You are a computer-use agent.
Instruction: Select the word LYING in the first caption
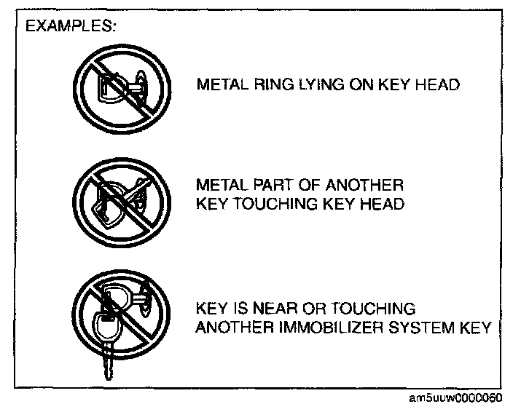point(313,85)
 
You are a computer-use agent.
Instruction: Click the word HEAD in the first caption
point(441,85)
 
